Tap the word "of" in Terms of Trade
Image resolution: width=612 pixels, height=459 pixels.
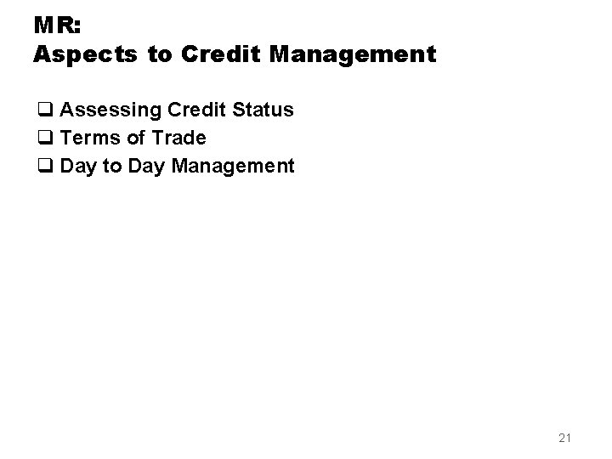pos(135,138)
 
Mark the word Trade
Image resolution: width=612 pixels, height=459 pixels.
pos(178,138)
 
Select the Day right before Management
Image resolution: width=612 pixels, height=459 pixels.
pos(147,166)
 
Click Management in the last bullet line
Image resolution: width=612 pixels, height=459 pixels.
pos(232,166)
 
